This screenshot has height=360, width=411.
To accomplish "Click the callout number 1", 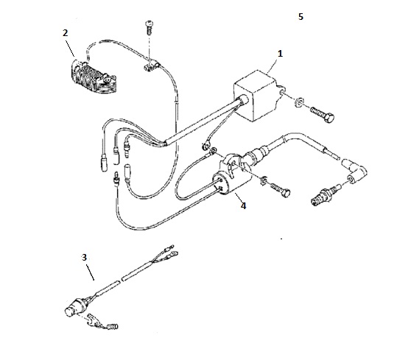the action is point(280,54).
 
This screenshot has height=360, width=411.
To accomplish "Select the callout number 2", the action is point(66,32).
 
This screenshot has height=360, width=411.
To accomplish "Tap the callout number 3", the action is point(84,257).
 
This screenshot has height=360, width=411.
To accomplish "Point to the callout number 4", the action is point(244,206).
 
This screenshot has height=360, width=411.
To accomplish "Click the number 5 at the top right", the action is point(301,17).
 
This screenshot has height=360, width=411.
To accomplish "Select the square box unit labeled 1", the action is point(256,95).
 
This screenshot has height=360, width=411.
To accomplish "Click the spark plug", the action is point(325,197).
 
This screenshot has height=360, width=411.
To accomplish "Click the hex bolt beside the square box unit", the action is point(323,115).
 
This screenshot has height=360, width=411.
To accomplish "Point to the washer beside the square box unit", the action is point(299,102).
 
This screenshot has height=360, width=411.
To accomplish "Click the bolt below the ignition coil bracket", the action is point(280,190).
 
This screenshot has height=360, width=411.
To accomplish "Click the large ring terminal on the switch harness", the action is point(174,253).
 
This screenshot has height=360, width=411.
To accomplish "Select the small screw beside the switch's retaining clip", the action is point(111,326).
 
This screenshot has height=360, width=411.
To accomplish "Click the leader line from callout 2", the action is point(70,48).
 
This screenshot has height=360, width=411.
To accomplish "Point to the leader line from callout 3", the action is point(90,272).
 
